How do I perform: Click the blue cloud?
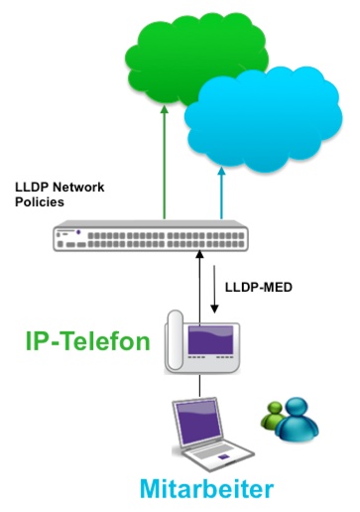pyautogui.click(x=263, y=119)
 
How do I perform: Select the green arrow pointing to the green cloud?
pyautogui.click(x=165, y=162)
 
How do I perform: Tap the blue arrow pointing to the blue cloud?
pyautogui.click(x=221, y=192)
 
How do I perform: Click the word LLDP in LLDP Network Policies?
pyautogui.click(x=32, y=188)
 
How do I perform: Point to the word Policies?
pyautogui.click(x=40, y=201)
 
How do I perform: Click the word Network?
pyautogui.click(x=78, y=188)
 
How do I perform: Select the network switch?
pyautogui.click(x=151, y=236)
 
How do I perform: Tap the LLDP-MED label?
pyautogui.click(x=259, y=287)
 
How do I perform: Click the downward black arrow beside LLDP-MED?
pyautogui.click(x=214, y=289)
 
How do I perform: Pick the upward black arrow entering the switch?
pyautogui.click(x=199, y=287)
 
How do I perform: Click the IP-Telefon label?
pyautogui.click(x=88, y=341)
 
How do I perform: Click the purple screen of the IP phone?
pyautogui.click(x=210, y=339)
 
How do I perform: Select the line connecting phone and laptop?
pyautogui.click(x=199, y=386)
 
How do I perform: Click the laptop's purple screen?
pyautogui.click(x=198, y=423)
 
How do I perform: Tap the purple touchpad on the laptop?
pyautogui.click(x=223, y=457)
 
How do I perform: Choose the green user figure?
pyautogui.click(x=273, y=415)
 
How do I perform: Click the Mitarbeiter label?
pyautogui.click(x=206, y=488)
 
